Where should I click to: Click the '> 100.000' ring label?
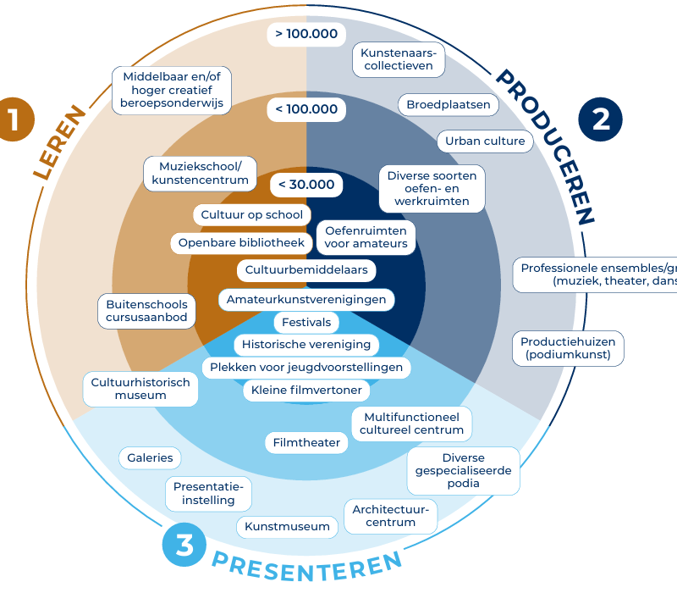tap(306, 35)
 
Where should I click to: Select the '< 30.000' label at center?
tap(306, 185)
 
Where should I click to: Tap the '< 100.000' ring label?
tap(306, 109)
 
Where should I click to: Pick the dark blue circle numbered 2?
tap(600, 119)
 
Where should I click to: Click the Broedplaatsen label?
tap(448, 105)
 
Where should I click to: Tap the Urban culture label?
tap(485, 141)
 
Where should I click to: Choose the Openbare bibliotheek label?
tap(240, 243)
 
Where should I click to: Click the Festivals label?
tap(306, 323)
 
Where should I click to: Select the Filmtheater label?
tap(306, 442)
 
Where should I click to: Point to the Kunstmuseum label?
tap(287, 526)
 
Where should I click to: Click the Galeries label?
tap(150, 457)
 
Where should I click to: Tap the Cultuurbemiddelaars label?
tap(306, 270)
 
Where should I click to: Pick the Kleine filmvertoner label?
tap(306, 391)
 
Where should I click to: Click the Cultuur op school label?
tap(251, 215)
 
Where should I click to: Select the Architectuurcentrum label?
tap(391, 515)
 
